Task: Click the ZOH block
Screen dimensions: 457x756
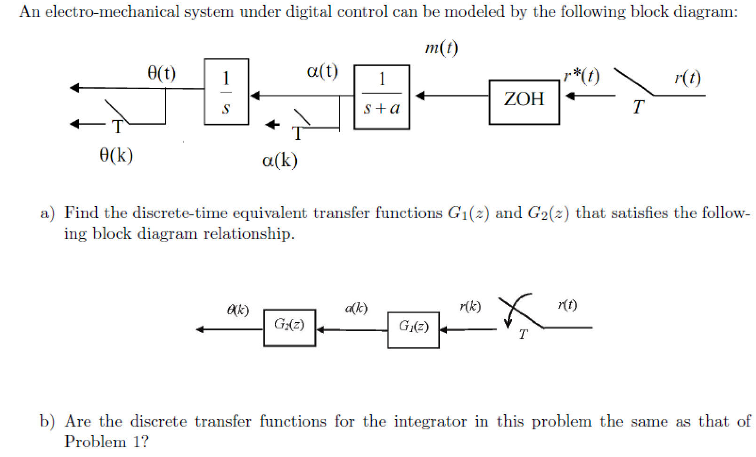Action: tap(524, 102)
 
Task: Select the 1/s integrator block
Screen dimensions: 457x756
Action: tap(227, 92)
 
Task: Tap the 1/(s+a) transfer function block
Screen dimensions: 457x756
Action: tap(382, 97)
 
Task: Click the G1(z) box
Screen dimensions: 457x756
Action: tap(413, 330)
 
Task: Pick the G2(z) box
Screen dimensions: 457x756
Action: tap(289, 328)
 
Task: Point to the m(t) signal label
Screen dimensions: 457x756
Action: tap(441, 48)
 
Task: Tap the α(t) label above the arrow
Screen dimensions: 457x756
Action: tap(322, 71)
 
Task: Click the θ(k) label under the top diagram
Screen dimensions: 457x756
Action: tap(116, 155)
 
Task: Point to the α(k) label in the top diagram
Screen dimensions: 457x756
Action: tap(279, 160)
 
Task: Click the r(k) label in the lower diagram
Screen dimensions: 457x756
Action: tap(470, 307)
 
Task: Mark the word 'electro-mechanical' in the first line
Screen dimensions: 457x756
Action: tap(112, 12)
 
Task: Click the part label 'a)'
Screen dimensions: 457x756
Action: tap(47, 213)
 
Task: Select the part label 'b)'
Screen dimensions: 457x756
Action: tap(47, 421)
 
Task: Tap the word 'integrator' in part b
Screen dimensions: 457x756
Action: tap(430, 421)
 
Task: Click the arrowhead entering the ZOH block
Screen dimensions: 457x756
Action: tap(570, 96)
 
